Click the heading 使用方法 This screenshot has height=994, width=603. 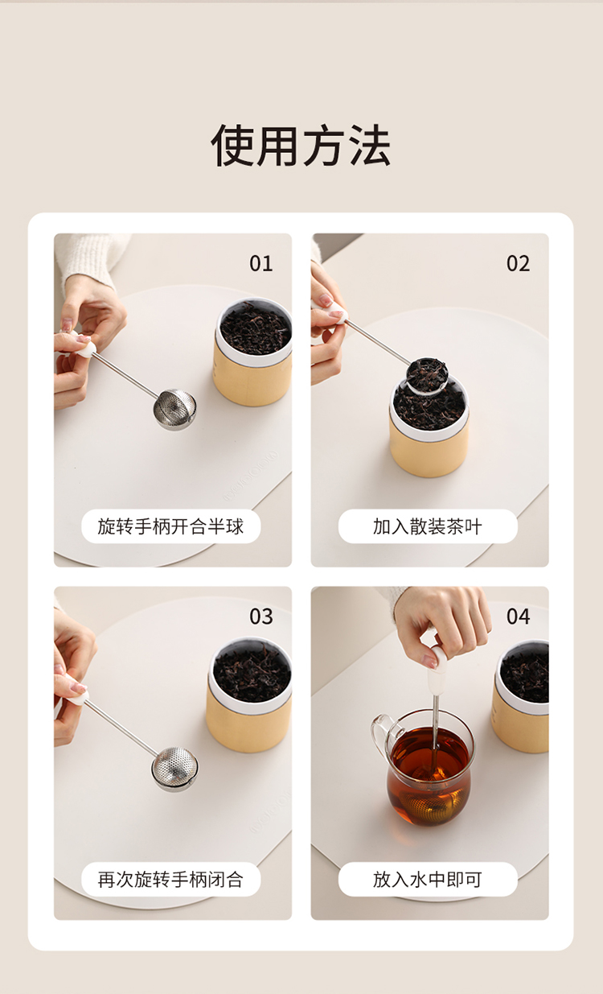click(x=301, y=145)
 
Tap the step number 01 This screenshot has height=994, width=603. click(x=260, y=263)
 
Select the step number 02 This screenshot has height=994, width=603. click(x=518, y=263)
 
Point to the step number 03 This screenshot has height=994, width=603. click(x=260, y=617)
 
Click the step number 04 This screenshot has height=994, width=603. click(x=518, y=617)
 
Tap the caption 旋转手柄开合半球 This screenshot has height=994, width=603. click(x=170, y=526)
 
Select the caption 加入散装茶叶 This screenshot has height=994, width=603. click(x=428, y=526)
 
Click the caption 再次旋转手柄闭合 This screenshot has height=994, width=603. click(x=170, y=879)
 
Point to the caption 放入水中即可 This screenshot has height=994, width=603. click(x=428, y=879)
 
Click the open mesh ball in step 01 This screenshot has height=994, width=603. click(x=174, y=410)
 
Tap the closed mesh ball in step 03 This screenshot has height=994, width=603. click(x=174, y=769)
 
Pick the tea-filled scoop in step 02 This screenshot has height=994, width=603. click(x=427, y=375)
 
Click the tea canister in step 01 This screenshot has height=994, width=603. click(x=252, y=352)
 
